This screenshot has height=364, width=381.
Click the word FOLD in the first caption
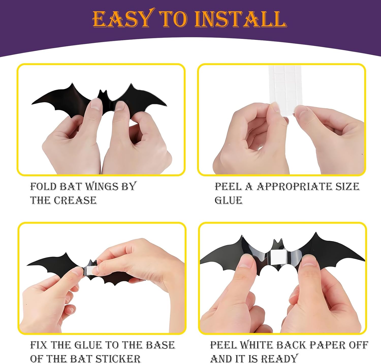click(x=43, y=186)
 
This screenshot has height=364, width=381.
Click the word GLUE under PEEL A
click(x=228, y=200)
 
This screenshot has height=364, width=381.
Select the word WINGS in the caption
click(x=102, y=186)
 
